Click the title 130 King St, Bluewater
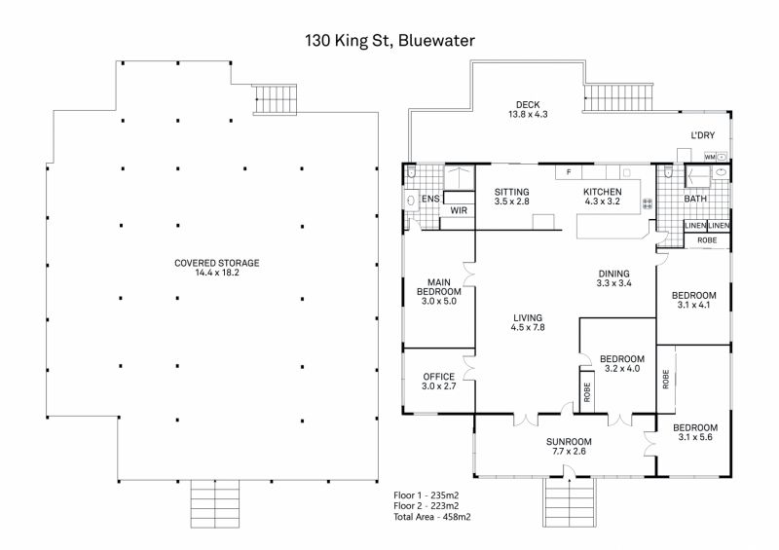(389, 41)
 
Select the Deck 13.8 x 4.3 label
(528, 110)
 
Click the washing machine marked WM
(710, 156)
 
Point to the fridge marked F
(570, 172)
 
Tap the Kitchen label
(602, 197)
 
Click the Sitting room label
(511, 197)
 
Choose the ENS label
(430, 200)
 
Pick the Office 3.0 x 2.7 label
(438, 382)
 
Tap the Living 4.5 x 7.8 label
(528, 322)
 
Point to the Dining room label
(614, 278)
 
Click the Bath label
(695, 200)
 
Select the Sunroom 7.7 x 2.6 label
(568, 447)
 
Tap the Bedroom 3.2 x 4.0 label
(622, 363)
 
